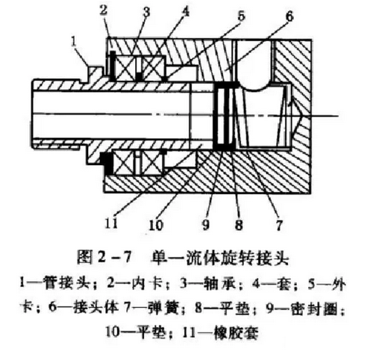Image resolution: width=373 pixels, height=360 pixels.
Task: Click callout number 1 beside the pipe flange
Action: coord(74,42)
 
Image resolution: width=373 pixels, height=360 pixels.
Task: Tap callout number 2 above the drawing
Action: coord(104,10)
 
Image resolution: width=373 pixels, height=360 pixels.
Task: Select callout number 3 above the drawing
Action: coord(146,11)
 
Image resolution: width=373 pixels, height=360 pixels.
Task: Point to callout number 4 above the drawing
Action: coord(185,10)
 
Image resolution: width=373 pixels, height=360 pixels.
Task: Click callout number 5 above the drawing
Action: coord(241,16)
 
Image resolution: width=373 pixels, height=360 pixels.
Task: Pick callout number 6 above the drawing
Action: coord(289,16)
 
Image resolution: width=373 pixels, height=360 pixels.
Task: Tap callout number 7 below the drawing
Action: coord(279,225)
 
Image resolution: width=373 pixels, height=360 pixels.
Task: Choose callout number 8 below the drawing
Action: coord(239,225)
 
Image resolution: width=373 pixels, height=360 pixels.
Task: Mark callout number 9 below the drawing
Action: coord(205,224)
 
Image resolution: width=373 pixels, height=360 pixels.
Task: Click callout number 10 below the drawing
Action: coord(156,225)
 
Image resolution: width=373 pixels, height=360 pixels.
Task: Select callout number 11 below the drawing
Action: coord(111,223)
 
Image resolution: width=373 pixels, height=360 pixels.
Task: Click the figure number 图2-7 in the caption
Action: coord(104,257)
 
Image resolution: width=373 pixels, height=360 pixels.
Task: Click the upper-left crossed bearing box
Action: coord(125,69)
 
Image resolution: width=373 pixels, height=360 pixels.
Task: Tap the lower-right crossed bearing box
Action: coord(152,163)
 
